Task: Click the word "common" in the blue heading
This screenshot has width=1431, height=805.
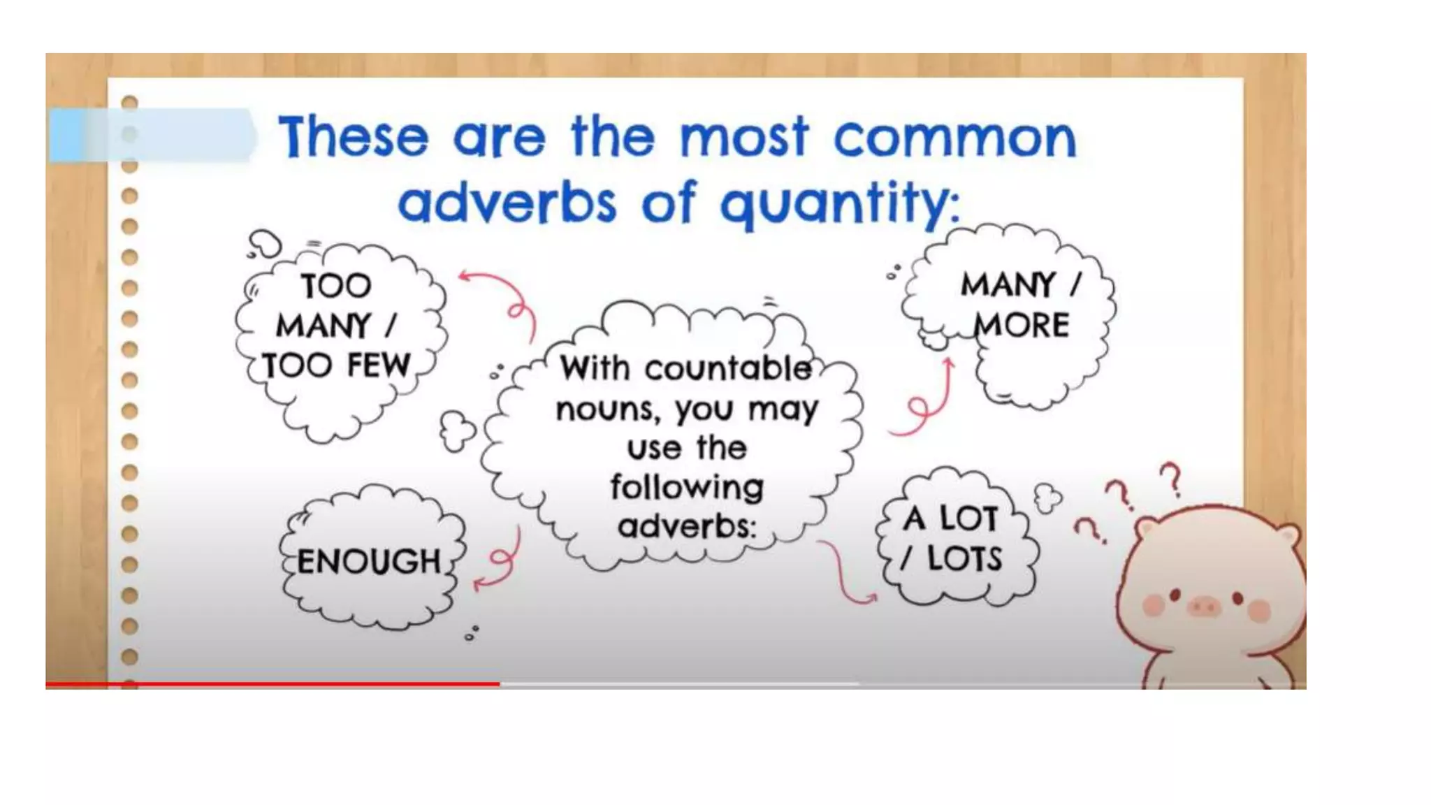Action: pyautogui.click(x=954, y=138)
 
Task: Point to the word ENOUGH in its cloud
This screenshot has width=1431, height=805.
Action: pyautogui.click(x=368, y=562)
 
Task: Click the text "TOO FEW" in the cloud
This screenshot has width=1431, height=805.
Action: pyautogui.click(x=336, y=365)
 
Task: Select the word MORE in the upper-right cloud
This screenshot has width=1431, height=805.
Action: pyautogui.click(x=1021, y=326)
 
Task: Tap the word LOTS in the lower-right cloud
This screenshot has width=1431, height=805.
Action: pyautogui.click(x=964, y=559)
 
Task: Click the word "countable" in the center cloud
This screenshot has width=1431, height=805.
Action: pyautogui.click(x=727, y=369)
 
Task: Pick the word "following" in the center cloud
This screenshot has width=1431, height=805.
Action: pyautogui.click(x=687, y=487)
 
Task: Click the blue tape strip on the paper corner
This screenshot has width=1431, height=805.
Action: pyautogui.click(x=150, y=135)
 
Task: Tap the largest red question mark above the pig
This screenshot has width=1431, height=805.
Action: pyautogui.click(x=1172, y=479)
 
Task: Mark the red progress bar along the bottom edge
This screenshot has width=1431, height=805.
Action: pyautogui.click(x=273, y=684)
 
